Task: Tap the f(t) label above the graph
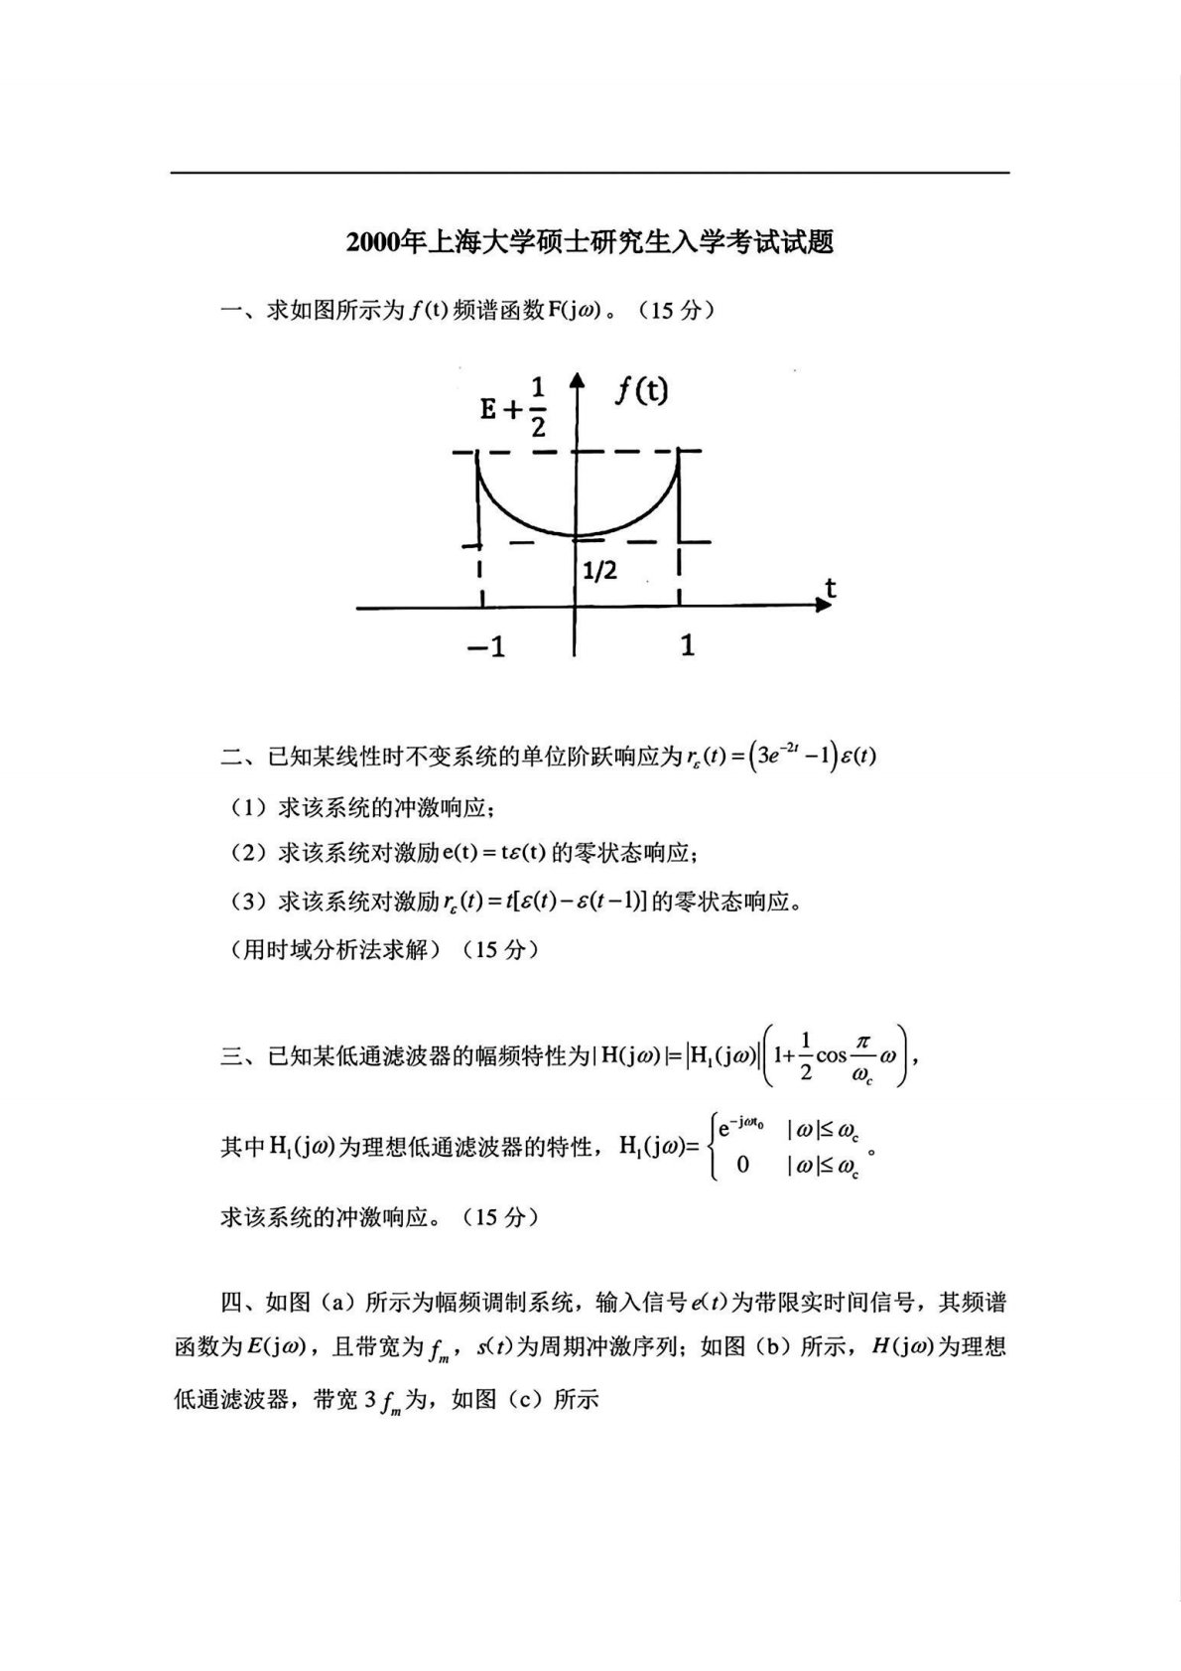click(x=641, y=391)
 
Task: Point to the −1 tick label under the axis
click(x=485, y=647)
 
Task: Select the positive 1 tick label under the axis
click(x=687, y=645)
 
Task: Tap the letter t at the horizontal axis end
click(x=830, y=588)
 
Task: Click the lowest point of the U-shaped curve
click(x=576, y=535)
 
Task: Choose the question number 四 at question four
click(x=230, y=1302)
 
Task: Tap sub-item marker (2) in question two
click(x=247, y=853)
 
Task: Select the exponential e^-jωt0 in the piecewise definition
click(x=744, y=1128)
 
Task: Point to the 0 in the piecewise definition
click(x=742, y=1164)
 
